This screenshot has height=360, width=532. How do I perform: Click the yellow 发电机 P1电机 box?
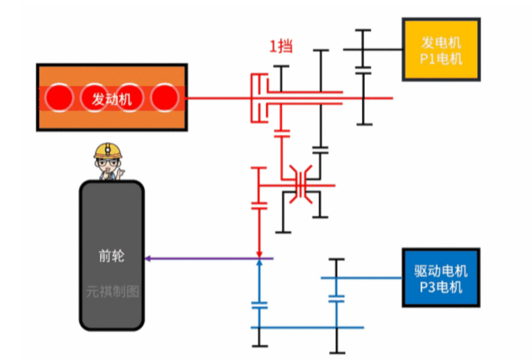point(441,49)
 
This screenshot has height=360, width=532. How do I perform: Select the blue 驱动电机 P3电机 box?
point(441,278)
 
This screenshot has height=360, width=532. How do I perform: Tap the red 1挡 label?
point(281,47)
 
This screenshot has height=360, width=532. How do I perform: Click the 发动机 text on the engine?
point(112,99)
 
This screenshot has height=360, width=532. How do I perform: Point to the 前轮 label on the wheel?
point(111,256)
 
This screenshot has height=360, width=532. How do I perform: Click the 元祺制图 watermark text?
point(112,292)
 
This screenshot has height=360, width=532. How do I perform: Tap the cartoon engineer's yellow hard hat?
point(108,150)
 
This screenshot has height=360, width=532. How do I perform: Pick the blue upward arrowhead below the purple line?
point(260,263)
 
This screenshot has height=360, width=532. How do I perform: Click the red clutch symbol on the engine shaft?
point(259,98)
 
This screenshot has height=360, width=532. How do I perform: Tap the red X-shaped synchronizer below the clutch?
point(300,185)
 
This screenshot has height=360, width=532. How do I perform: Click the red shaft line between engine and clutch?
point(217,98)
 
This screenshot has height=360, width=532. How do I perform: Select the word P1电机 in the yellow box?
point(441,59)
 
